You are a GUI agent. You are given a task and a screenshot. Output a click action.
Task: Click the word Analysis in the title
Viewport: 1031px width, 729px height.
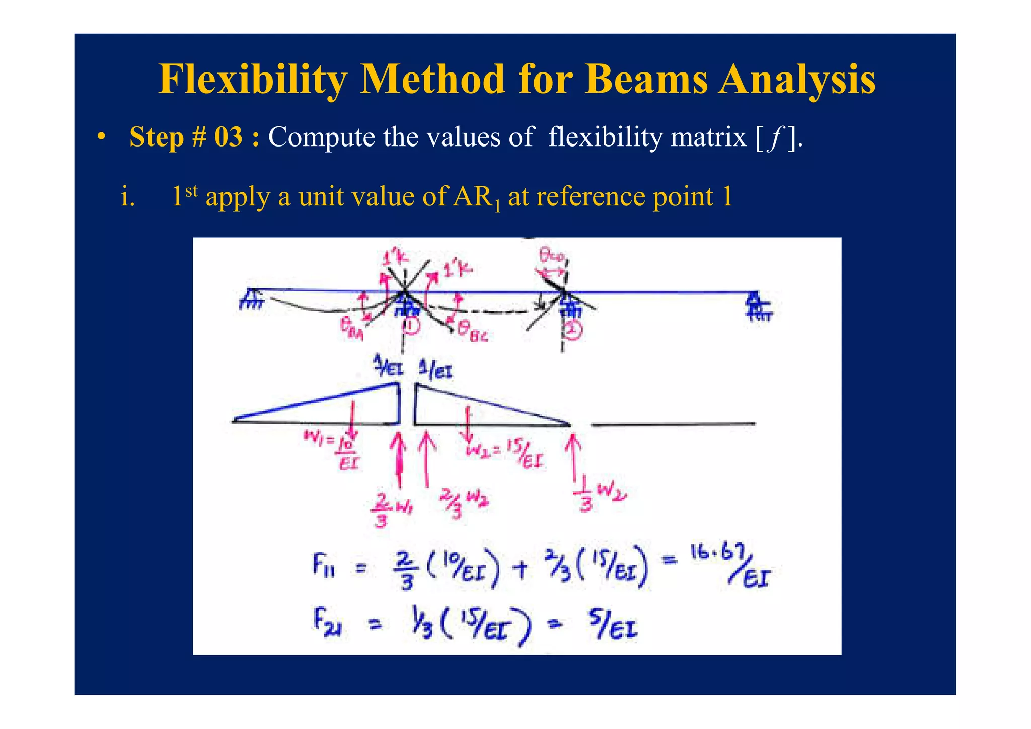(x=797, y=80)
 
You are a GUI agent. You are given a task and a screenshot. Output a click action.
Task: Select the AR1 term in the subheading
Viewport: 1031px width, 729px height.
(x=476, y=197)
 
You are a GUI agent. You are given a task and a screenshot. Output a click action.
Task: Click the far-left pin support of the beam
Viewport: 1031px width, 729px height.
(x=251, y=299)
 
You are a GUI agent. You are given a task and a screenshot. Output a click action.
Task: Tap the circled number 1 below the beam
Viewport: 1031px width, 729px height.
(x=411, y=326)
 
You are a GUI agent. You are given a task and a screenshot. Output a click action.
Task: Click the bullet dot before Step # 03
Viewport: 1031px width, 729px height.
(x=102, y=137)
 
